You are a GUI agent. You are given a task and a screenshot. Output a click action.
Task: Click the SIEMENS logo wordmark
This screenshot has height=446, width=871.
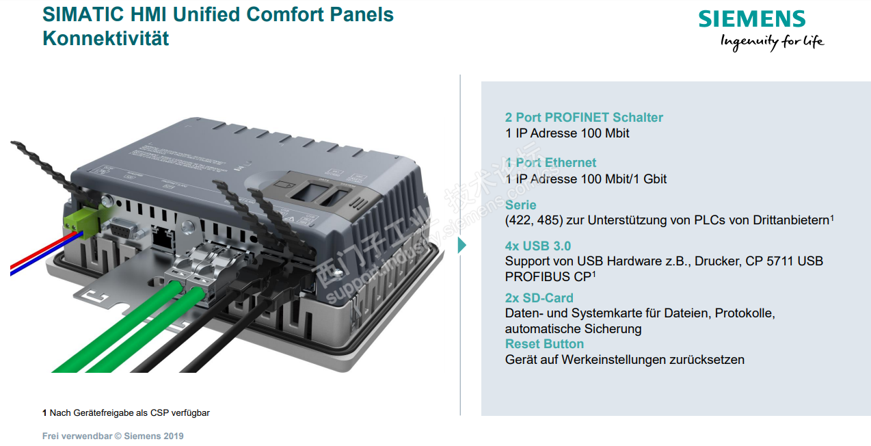click(x=752, y=18)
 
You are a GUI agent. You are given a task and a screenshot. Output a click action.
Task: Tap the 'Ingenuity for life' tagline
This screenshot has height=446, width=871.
click(x=772, y=42)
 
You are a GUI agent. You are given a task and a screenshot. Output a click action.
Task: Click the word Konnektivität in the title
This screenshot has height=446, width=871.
click(x=105, y=38)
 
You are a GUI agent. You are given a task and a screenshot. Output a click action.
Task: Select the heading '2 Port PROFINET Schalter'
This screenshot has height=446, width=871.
click(x=584, y=118)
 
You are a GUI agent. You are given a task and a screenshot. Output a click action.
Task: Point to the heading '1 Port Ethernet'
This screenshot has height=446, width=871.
click(x=550, y=163)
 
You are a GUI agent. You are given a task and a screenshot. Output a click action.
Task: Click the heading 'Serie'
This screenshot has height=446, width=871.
click(x=520, y=205)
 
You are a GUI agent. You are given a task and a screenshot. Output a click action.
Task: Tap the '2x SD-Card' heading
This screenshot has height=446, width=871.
click(x=539, y=298)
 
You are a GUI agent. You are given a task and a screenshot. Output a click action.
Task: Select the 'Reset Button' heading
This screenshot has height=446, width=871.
click(x=544, y=344)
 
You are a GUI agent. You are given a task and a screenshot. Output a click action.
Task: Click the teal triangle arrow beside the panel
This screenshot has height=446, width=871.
click(x=461, y=245)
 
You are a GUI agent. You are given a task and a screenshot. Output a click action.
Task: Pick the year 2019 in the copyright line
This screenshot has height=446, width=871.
click(x=174, y=436)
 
